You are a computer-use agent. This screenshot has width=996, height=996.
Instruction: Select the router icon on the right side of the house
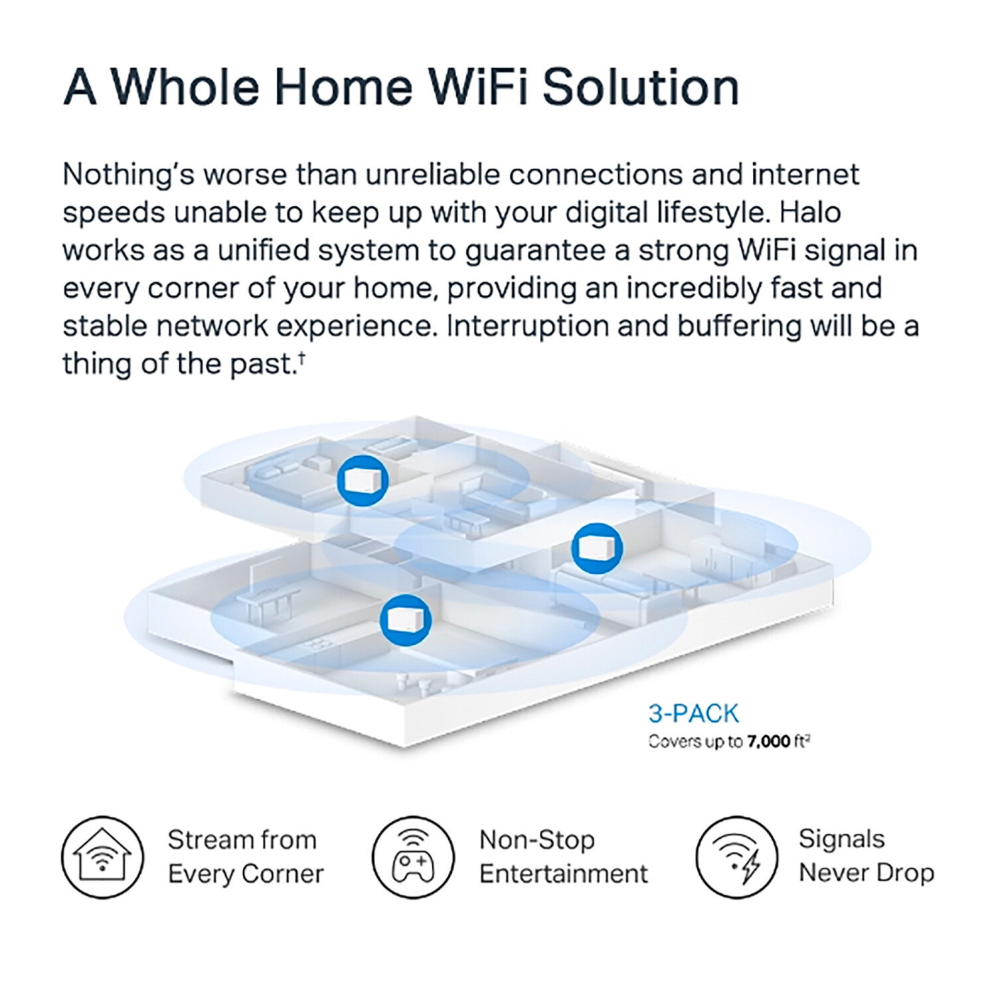(x=597, y=548)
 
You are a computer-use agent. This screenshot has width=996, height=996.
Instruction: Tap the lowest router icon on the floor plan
(x=405, y=620)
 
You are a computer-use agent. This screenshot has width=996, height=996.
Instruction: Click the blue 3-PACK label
(x=694, y=714)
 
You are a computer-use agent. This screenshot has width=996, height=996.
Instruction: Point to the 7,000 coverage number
(x=769, y=742)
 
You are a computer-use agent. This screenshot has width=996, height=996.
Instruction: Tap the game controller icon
(x=412, y=857)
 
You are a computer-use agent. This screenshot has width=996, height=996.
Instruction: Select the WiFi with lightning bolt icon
(x=736, y=857)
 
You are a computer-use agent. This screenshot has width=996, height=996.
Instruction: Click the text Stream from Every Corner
(x=245, y=857)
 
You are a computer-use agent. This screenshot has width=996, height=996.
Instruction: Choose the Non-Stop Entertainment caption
(x=563, y=857)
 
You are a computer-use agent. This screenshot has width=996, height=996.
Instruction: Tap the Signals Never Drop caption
(x=866, y=857)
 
